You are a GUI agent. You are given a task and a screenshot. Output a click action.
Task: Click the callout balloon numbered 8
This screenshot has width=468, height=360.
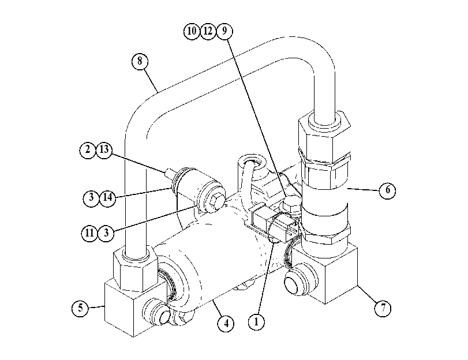click(x=140, y=61)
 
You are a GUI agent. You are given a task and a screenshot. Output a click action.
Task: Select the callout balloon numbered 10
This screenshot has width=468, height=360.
click(x=192, y=31)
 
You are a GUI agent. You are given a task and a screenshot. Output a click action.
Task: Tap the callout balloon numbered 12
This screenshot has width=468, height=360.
click(x=208, y=31)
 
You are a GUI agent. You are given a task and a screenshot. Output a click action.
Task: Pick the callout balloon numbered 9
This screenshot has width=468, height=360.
click(x=224, y=31)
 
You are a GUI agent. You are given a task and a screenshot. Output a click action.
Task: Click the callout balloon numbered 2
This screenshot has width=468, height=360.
click(x=88, y=150)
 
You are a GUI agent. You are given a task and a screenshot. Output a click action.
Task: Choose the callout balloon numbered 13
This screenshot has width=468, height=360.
click(x=104, y=150)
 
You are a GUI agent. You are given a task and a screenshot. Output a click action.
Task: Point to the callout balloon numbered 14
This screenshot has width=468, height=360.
click(x=107, y=197)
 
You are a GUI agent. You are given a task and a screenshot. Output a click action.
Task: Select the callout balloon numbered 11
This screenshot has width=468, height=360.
click(x=89, y=233)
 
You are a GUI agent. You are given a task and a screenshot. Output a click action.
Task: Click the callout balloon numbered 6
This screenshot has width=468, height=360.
click(x=387, y=190)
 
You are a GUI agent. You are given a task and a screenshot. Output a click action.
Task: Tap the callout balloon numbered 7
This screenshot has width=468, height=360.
click(x=383, y=307)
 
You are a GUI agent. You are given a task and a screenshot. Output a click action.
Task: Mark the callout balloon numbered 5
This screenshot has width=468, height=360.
click(x=80, y=308)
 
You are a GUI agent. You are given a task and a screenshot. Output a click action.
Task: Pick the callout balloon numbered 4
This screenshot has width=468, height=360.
click(x=226, y=323)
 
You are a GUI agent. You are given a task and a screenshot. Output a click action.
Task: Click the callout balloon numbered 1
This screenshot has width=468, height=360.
click(x=256, y=322)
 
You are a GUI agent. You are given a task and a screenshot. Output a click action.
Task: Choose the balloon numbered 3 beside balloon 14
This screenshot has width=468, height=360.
click(x=91, y=197)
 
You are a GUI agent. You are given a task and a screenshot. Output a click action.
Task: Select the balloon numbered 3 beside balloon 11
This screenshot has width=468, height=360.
click(x=106, y=233)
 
